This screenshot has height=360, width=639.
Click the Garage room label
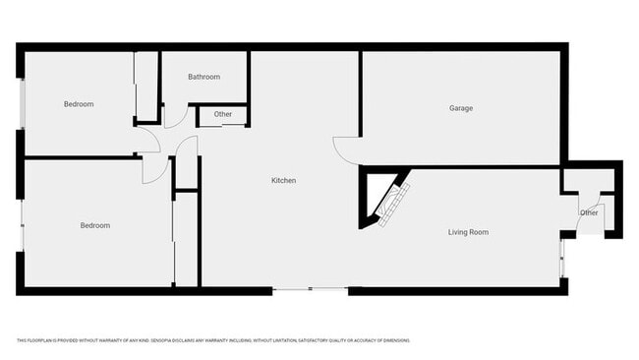[x=461, y=108]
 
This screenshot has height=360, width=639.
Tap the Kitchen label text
[x=284, y=181]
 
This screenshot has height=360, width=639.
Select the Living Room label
[x=468, y=232]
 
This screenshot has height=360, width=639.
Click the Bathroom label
[x=203, y=77]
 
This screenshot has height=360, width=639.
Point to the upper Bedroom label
[x=79, y=104]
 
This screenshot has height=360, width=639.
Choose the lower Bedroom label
[x=94, y=225]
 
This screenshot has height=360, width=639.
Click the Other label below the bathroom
[x=223, y=114]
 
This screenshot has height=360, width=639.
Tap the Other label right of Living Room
[x=589, y=212]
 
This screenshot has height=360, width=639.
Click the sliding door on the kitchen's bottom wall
[x=310, y=289]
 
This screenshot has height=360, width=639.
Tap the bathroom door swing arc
[x=172, y=116]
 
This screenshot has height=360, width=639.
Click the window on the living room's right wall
[x=562, y=259]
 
